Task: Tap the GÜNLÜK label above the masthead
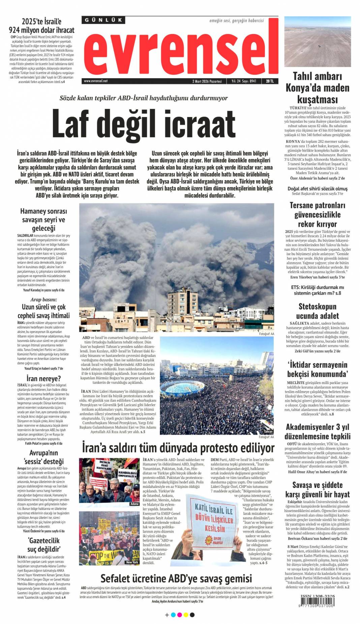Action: (x=103, y=20)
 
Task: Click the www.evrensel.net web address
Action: (x=96, y=81)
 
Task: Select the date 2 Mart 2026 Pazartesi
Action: (x=207, y=81)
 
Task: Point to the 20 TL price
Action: (x=270, y=81)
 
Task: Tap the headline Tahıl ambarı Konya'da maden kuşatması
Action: (x=317, y=88)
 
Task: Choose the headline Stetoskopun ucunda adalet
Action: (x=317, y=311)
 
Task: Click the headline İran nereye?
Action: (x=44, y=378)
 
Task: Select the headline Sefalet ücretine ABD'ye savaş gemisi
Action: (x=176, y=578)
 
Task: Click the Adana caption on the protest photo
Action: (x=134, y=504)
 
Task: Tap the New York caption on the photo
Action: (x=132, y=562)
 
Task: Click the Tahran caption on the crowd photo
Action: (x=268, y=432)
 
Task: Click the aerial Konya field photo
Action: (x=318, y=41)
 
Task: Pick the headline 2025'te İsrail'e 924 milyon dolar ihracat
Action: (x=41, y=26)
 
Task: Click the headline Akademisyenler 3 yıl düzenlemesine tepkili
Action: (x=317, y=432)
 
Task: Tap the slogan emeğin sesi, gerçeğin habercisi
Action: (x=237, y=21)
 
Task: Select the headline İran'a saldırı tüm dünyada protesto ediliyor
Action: (x=178, y=448)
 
